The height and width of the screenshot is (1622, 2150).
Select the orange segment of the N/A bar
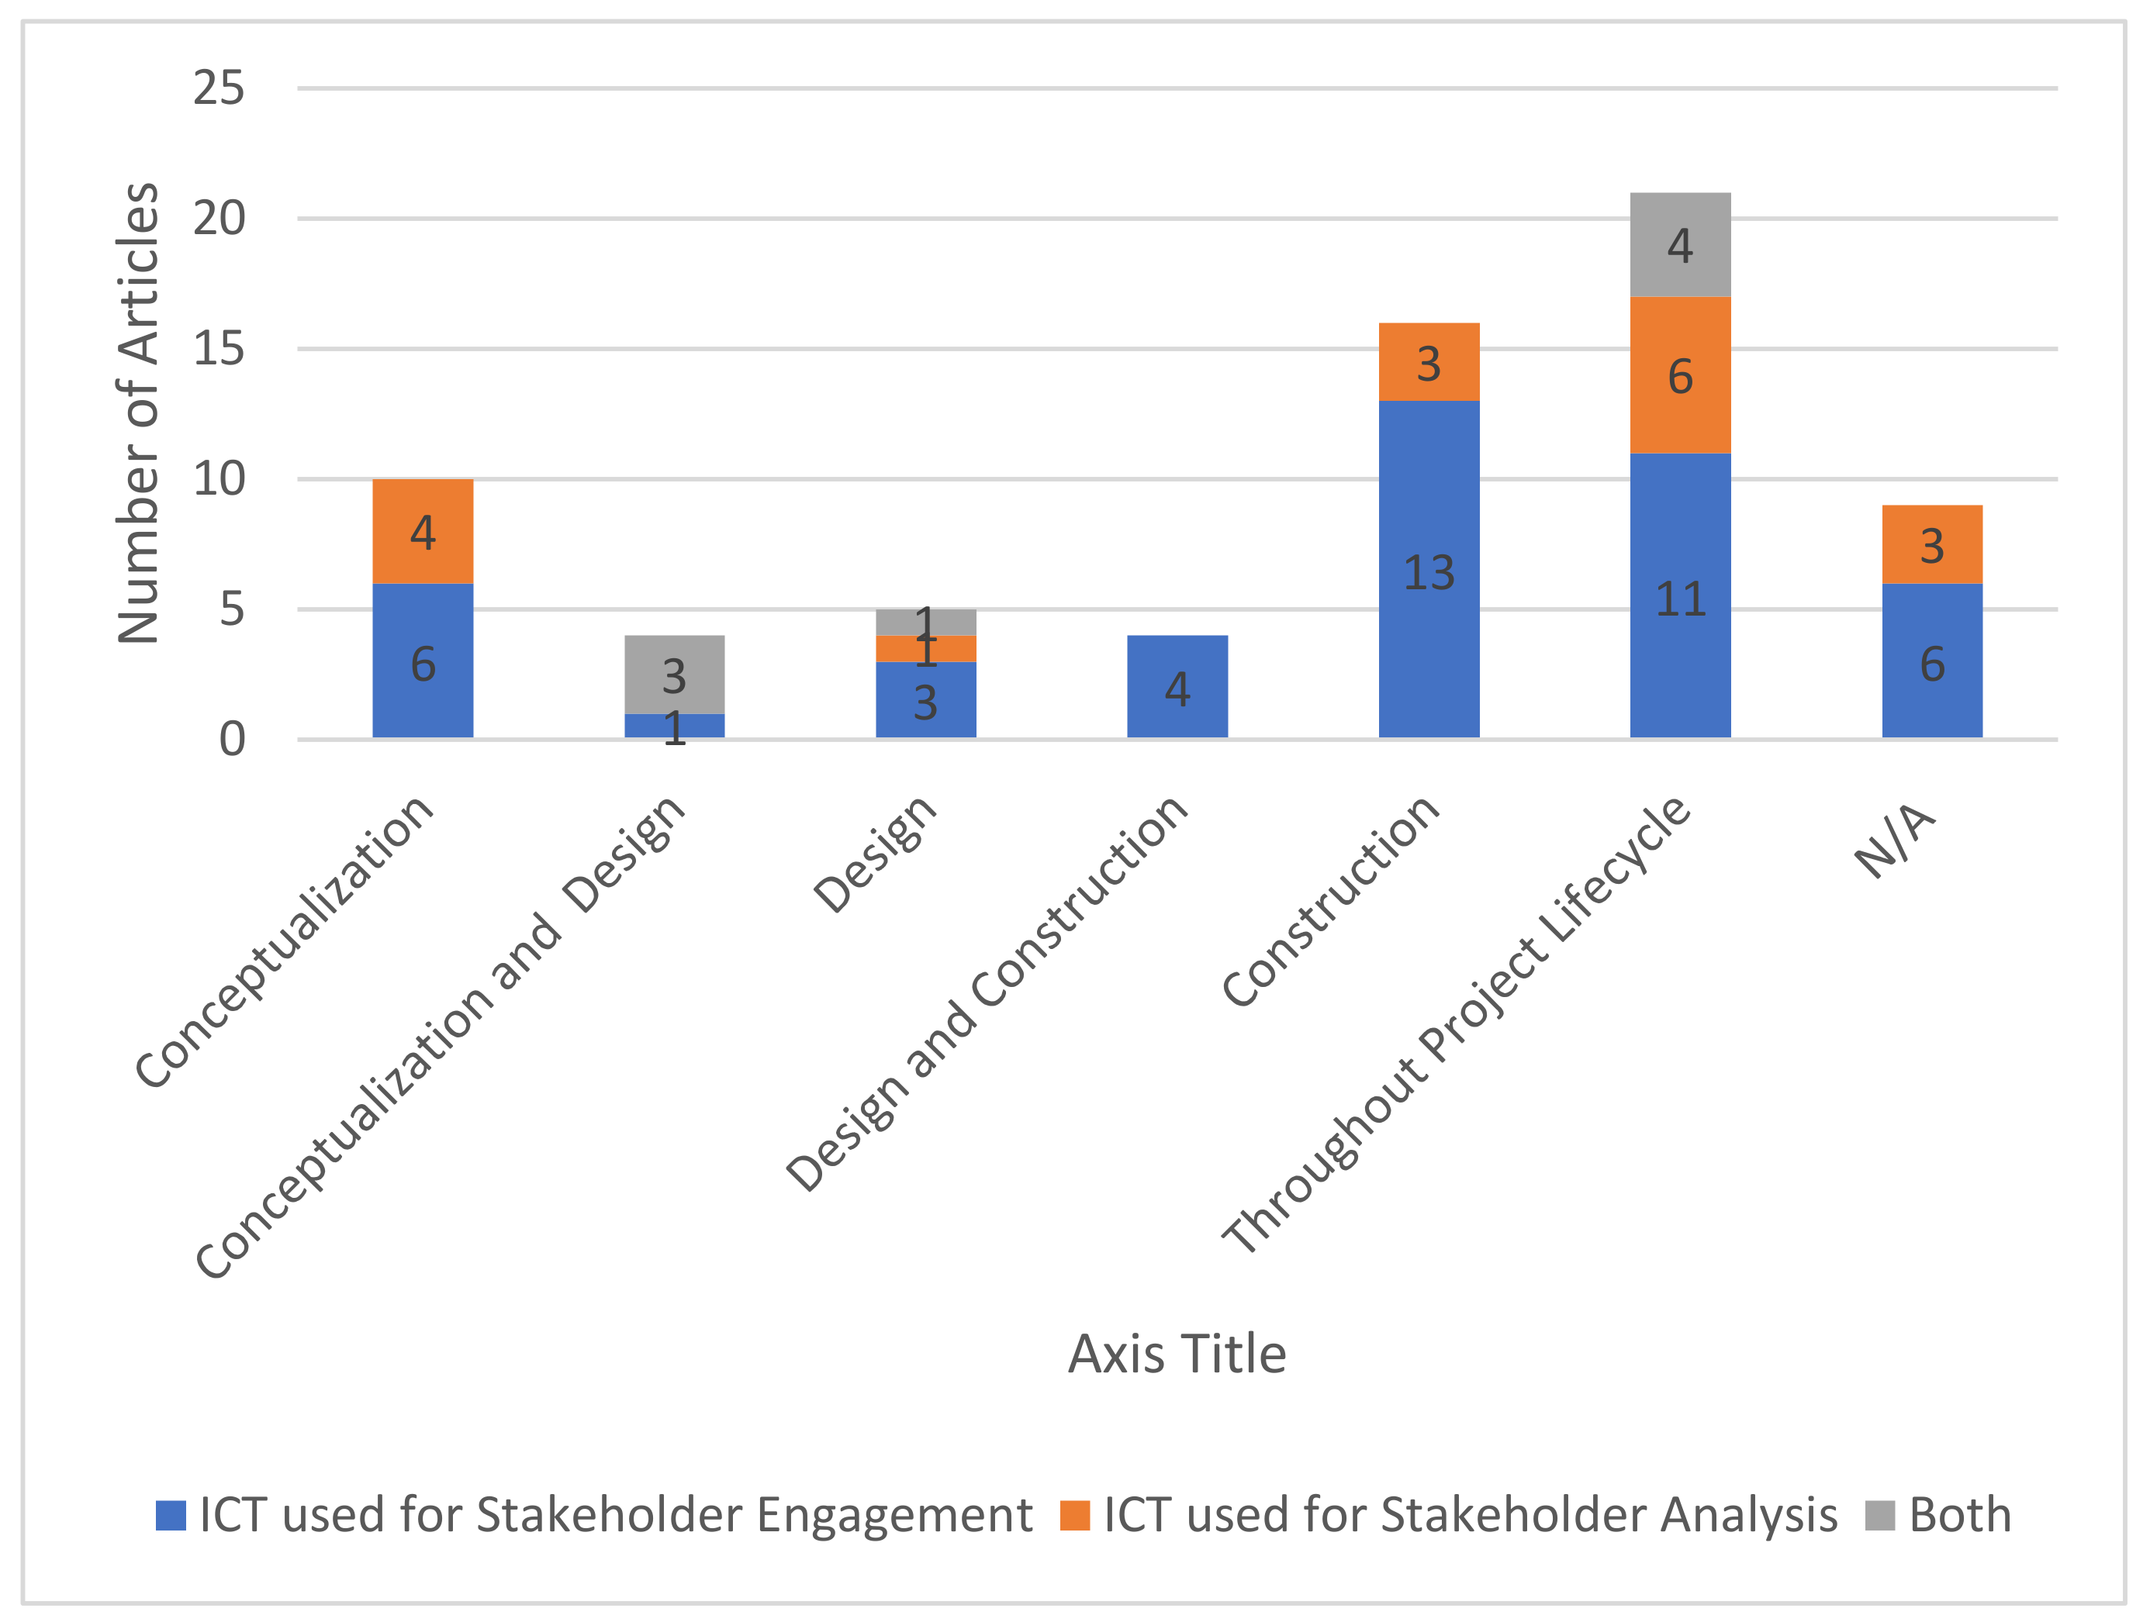[x=1931, y=544]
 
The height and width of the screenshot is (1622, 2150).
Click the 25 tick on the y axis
[x=219, y=88]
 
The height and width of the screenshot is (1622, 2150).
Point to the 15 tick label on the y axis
[x=219, y=349]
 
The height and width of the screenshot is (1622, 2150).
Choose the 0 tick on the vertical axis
[x=231, y=740]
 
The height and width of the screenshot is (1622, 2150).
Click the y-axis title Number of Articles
[x=138, y=413]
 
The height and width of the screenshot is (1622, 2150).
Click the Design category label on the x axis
[x=875, y=855]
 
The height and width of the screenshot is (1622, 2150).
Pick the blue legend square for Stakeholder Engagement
[x=171, y=1515]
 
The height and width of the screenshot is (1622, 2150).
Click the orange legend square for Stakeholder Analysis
[x=1074, y=1515]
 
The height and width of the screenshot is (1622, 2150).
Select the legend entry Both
[x=1958, y=1515]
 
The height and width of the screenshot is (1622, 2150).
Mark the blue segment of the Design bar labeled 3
[x=925, y=699]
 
